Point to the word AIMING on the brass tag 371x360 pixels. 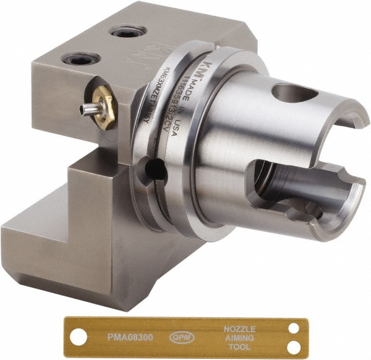tap(239, 338)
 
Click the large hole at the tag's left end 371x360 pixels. tap(77, 338)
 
